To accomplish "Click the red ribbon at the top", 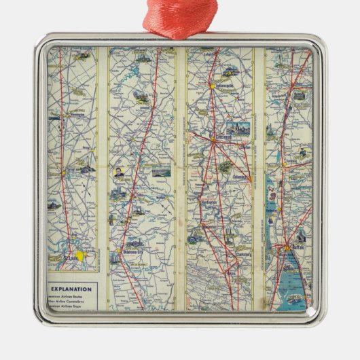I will coord(180,17).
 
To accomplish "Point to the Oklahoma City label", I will coord(132,251).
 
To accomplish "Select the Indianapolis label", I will coord(224,86).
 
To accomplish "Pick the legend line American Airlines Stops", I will coord(71,304).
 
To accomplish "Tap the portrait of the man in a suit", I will coord(120,173).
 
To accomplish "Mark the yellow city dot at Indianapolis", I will coord(213,87).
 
